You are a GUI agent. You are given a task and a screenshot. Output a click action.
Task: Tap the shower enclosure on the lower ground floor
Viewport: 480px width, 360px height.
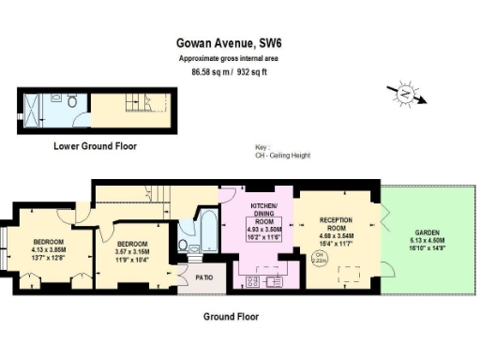click(x=32, y=111)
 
